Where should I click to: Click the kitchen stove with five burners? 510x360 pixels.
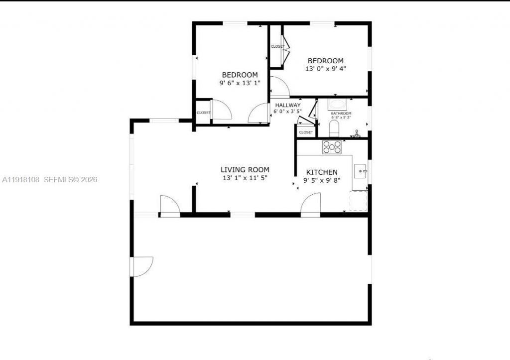(332, 147)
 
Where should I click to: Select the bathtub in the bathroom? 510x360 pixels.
(338, 105)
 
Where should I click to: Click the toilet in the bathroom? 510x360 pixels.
(334, 130)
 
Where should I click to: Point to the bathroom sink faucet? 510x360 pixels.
(357, 133)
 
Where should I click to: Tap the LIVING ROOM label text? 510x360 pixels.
(245, 170)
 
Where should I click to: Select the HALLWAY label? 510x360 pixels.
(287, 105)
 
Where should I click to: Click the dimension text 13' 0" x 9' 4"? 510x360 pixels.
(325, 69)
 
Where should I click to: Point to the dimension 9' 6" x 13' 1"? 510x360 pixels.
(240, 83)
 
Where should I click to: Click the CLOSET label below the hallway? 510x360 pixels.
(306, 132)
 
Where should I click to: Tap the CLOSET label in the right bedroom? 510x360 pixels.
(277, 46)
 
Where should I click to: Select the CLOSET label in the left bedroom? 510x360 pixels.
(203, 113)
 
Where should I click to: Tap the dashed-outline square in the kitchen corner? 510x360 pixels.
(358, 201)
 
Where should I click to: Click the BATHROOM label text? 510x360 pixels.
(341, 114)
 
